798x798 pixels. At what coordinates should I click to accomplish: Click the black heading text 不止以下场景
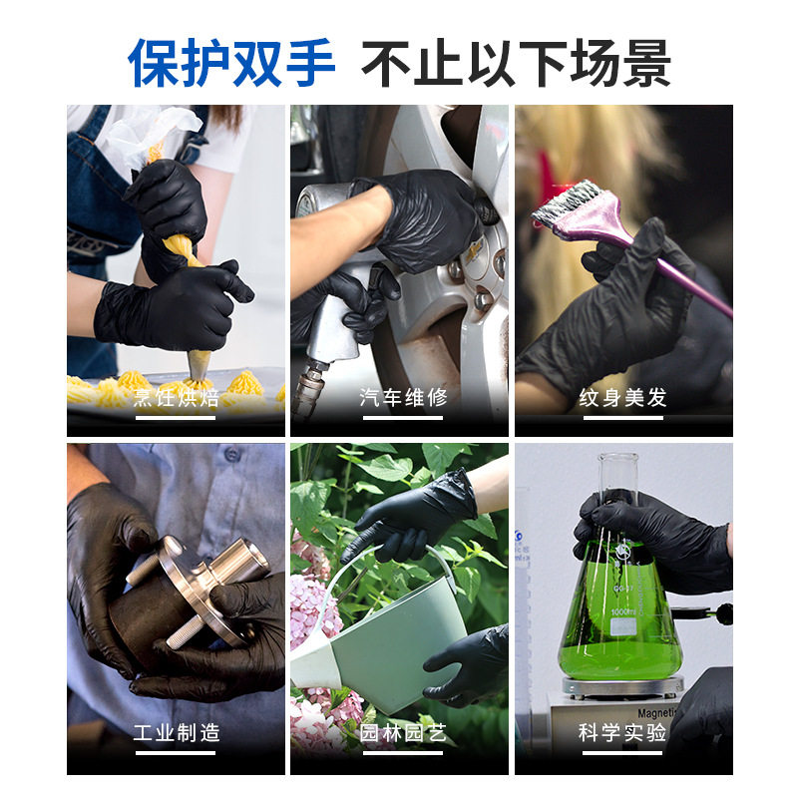[x=515, y=63]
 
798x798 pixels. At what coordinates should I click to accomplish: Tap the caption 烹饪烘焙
[x=176, y=398]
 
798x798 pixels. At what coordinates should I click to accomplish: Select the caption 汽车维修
[x=402, y=398]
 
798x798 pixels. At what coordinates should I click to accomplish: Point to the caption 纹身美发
[x=622, y=398]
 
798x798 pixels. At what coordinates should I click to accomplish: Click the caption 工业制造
[x=176, y=733]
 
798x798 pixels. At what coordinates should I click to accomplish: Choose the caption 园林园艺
[x=402, y=733]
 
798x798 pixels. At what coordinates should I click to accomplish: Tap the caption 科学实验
[x=622, y=733]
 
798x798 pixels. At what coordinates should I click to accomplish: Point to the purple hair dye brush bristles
[x=568, y=199]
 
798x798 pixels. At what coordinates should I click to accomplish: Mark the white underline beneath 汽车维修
[x=402, y=417]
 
